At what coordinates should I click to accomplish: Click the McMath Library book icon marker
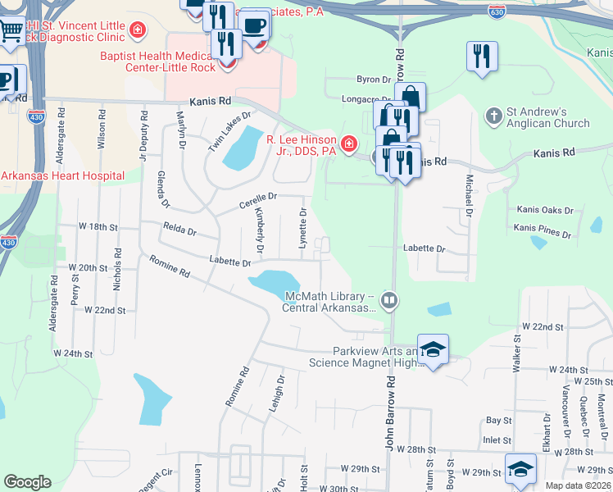(388, 301)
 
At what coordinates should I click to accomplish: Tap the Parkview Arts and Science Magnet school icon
(433, 349)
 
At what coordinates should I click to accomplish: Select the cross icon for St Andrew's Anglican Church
(493, 116)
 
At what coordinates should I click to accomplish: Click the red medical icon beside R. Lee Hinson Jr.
(349, 145)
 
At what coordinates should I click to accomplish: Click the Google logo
(27, 482)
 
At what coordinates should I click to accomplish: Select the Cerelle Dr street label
(259, 197)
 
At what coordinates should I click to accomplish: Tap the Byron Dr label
(374, 80)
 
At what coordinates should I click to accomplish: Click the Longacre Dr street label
(364, 99)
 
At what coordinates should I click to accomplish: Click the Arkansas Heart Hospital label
(63, 175)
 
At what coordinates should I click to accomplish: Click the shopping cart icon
(11, 31)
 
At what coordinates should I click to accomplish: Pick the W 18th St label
(98, 225)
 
